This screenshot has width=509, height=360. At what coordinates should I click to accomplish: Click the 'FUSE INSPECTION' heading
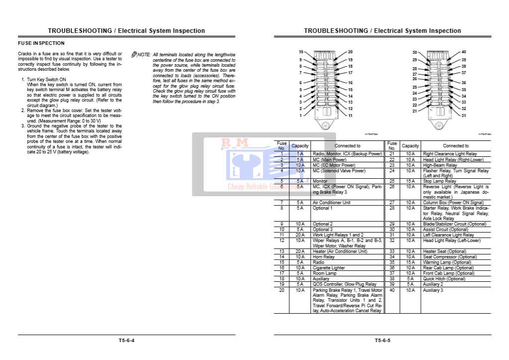point(41,43)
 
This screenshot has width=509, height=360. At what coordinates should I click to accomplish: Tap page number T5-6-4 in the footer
point(127,341)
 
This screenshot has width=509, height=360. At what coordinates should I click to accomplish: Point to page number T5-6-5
point(382,341)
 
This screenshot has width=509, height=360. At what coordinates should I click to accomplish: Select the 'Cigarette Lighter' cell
point(329,268)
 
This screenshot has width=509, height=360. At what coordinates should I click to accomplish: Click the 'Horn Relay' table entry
point(324,257)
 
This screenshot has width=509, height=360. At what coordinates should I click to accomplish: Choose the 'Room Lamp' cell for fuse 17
point(325,273)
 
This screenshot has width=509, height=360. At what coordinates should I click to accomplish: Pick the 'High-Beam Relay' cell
point(440,165)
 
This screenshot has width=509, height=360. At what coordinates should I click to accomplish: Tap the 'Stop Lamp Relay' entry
point(439,181)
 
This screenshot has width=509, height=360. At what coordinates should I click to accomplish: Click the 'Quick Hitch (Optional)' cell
point(444,279)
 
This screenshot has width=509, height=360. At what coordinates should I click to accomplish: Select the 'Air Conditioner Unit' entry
point(332,203)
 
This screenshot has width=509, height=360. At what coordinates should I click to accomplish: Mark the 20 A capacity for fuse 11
point(300,235)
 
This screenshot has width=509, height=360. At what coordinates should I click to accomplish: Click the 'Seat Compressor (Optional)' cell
point(448,257)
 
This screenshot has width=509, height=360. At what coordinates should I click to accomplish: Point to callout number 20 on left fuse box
point(350,52)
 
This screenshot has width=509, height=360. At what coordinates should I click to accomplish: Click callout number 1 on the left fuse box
point(300,116)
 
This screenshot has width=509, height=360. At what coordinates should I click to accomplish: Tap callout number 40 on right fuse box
point(464,52)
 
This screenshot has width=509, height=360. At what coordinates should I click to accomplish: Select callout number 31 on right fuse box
point(464,116)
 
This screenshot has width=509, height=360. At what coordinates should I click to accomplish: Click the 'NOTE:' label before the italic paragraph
point(143,54)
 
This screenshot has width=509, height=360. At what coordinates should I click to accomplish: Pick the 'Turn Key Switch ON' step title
point(46,80)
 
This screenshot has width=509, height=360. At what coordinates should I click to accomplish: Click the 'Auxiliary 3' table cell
point(433,290)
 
